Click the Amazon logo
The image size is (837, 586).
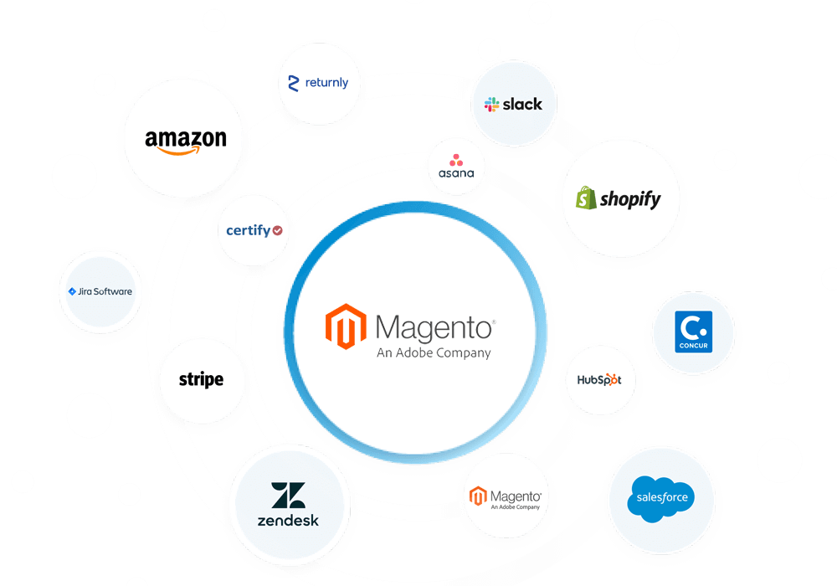[x=186, y=142]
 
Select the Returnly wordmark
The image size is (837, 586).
[x=326, y=83]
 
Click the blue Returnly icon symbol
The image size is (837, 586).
[x=293, y=83]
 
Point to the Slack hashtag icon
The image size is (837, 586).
[x=491, y=104]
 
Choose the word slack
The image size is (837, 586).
[x=522, y=104]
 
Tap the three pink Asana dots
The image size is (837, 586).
[x=456, y=160]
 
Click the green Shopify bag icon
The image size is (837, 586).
[x=586, y=198]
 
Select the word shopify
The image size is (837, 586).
[x=630, y=199]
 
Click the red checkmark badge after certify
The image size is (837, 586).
[x=278, y=230]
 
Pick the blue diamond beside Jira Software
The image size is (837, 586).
[x=72, y=291]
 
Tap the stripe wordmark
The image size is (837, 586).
[x=201, y=379]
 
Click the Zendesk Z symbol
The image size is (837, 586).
[x=288, y=496]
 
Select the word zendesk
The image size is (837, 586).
[x=288, y=521]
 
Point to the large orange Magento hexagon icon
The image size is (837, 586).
[x=346, y=326]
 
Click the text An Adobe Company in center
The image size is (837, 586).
[x=434, y=352]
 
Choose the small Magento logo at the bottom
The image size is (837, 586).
[x=506, y=497]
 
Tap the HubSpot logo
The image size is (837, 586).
[x=599, y=380]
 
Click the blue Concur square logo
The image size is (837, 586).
[x=693, y=332]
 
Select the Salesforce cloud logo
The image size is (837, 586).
[x=661, y=498]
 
